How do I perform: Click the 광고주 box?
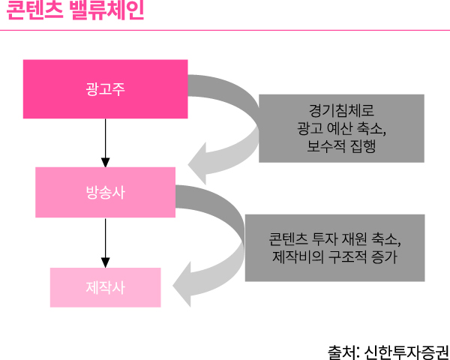click(x=105, y=87)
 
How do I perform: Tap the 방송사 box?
click(x=105, y=191)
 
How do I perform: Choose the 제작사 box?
click(x=105, y=287)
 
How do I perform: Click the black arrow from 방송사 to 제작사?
click(x=106, y=240)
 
